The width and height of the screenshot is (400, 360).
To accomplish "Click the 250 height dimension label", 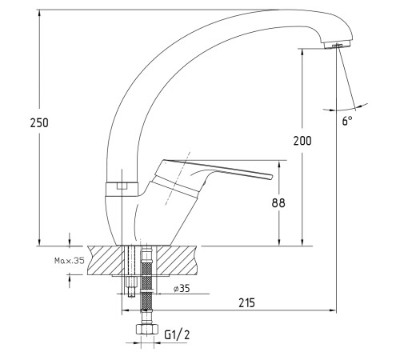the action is click(x=39, y=122).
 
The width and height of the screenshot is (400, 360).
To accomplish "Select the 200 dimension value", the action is click(x=302, y=141).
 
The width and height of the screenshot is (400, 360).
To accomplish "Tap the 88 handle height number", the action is click(x=278, y=203).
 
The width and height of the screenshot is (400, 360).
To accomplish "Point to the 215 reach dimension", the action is click(x=246, y=303).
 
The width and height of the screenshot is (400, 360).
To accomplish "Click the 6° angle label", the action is click(x=347, y=121).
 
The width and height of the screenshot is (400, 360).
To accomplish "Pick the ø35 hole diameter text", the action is click(x=182, y=288).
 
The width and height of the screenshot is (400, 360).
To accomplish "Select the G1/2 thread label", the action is click(x=177, y=334).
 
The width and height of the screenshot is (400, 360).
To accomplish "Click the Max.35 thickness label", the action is click(x=70, y=260).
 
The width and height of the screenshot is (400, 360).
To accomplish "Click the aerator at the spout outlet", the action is click(x=338, y=45).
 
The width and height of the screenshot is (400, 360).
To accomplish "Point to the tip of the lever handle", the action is click(x=272, y=177).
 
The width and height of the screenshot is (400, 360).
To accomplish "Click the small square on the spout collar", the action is click(x=122, y=186).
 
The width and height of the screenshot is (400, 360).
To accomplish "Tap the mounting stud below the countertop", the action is click(x=130, y=286).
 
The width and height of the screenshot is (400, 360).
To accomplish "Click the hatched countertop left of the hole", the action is click(x=106, y=260).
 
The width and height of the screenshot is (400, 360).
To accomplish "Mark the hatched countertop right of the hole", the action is click(x=177, y=260).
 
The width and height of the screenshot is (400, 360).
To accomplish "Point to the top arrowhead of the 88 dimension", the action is click(x=279, y=164).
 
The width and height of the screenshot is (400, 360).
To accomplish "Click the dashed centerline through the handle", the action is click(x=178, y=178).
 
